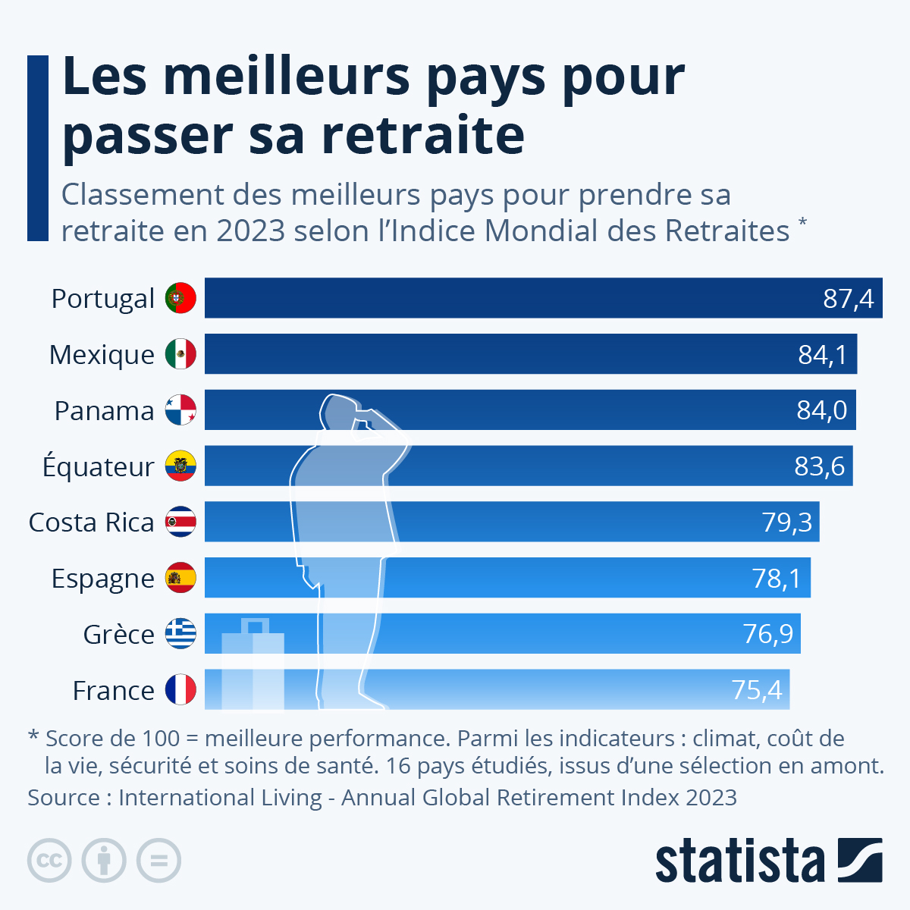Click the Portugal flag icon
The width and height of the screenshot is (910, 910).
click(180, 298)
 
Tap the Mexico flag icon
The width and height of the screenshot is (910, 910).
click(180, 354)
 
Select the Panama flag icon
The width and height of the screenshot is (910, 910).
click(180, 410)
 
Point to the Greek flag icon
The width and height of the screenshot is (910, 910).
click(180, 634)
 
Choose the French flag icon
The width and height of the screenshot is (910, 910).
click(180, 690)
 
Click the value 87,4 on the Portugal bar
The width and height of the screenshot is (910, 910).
click(849, 299)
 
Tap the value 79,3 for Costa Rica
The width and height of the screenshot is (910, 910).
click(786, 522)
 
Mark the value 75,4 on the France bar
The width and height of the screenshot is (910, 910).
click(756, 690)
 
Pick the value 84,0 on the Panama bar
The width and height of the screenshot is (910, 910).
click(822, 410)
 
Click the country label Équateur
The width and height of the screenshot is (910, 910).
click(99, 466)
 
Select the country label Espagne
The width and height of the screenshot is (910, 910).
click(103, 579)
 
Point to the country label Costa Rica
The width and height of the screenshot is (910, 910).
click(91, 522)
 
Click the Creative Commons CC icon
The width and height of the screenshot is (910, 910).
click(49, 861)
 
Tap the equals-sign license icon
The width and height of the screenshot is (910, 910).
click(158, 861)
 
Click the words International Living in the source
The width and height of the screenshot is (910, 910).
click(221, 798)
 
